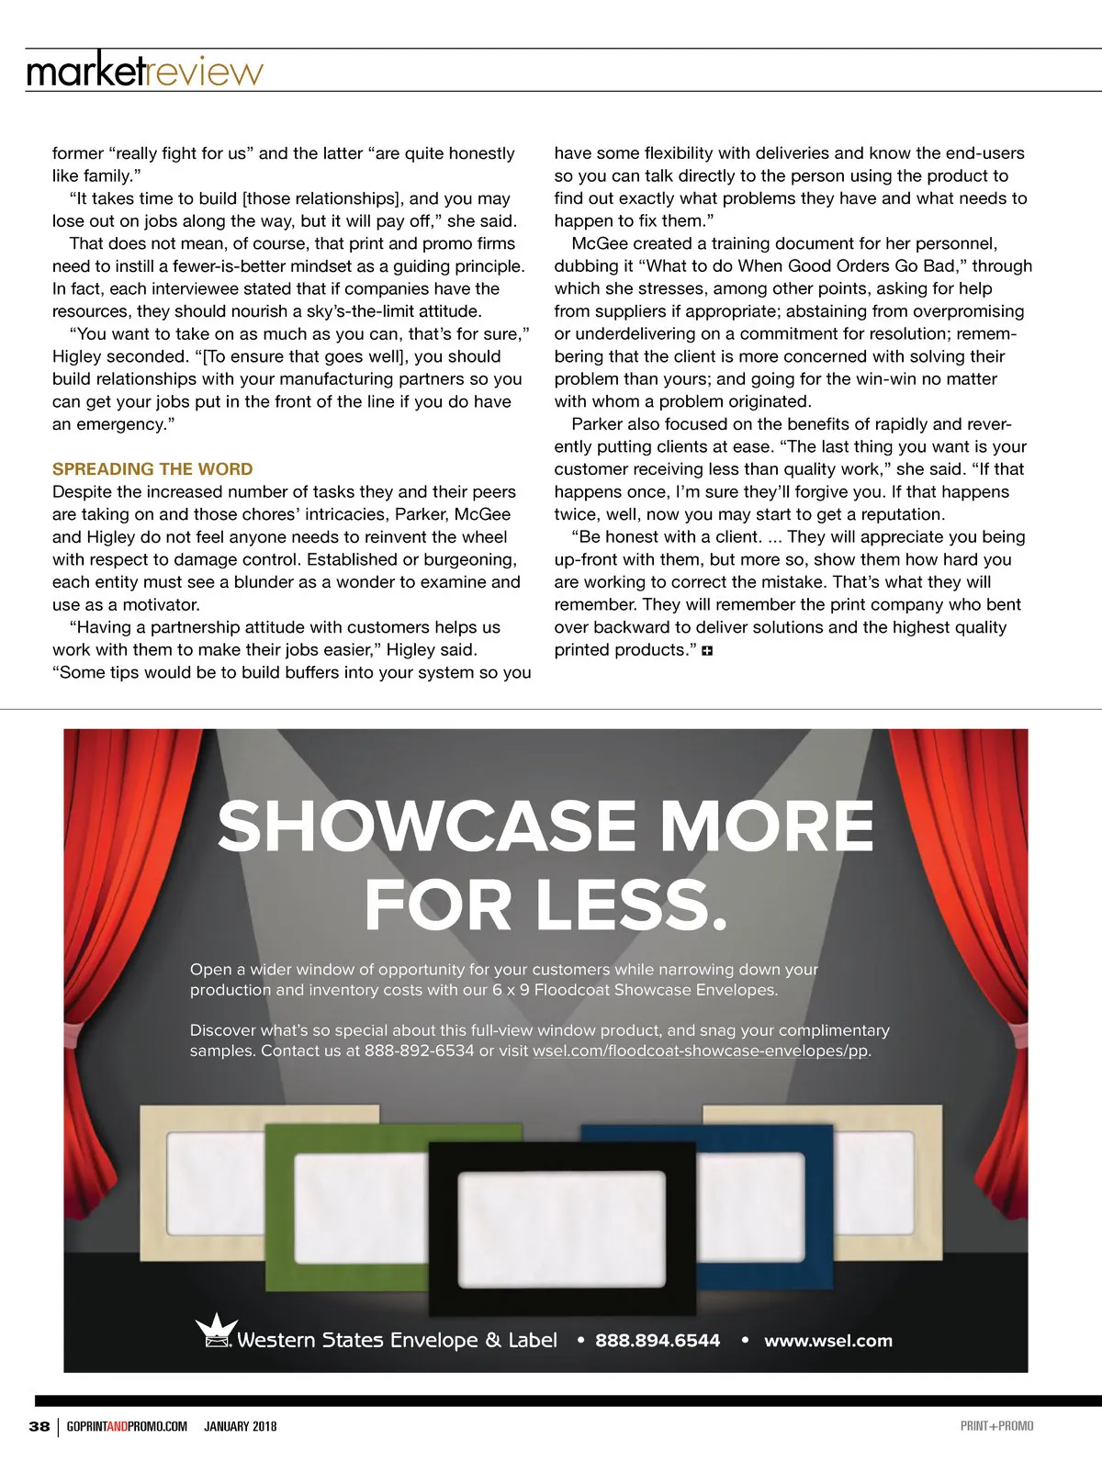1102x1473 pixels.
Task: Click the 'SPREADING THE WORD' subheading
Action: tap(152, 469)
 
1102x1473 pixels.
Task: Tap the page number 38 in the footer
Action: tap(39, 1426)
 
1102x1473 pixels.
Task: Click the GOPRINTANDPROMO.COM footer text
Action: tap(127, 1426)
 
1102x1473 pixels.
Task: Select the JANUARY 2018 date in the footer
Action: tap(240, 1426)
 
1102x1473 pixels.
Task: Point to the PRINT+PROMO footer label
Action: tap(996, 1426)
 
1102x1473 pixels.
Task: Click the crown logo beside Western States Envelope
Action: tap(217, 1330)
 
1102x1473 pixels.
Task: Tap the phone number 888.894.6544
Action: tap(658, 1341)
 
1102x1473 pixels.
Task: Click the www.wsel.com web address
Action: tap(827, 1341)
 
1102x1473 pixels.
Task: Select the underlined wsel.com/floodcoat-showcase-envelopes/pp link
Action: tap(701, 1051)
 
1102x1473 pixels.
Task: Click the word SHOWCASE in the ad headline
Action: tap(427, 826)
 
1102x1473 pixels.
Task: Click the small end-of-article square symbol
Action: tap(707, 651)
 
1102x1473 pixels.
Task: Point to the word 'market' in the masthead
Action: tap(85, 72)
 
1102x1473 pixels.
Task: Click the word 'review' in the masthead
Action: tap(205, 72)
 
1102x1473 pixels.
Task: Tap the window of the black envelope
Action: tap(562, 1215)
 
